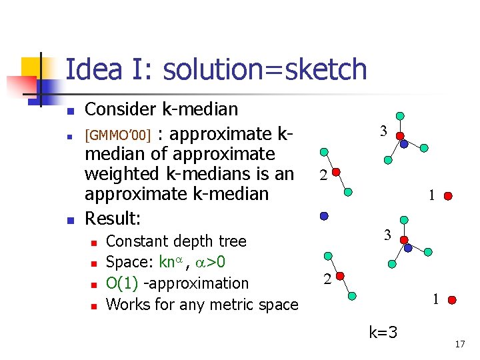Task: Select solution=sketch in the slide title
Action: coord(265,69)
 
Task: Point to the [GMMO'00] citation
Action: coord(120,136)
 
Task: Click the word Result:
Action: coord(113,218)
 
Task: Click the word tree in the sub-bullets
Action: coord(231,241)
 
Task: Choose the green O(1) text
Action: coord(121,283)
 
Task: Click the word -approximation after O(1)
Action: coord(196,283)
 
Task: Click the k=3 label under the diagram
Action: coord(383,331)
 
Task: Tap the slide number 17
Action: coord(459,344)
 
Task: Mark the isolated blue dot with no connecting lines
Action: coord(323,216)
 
